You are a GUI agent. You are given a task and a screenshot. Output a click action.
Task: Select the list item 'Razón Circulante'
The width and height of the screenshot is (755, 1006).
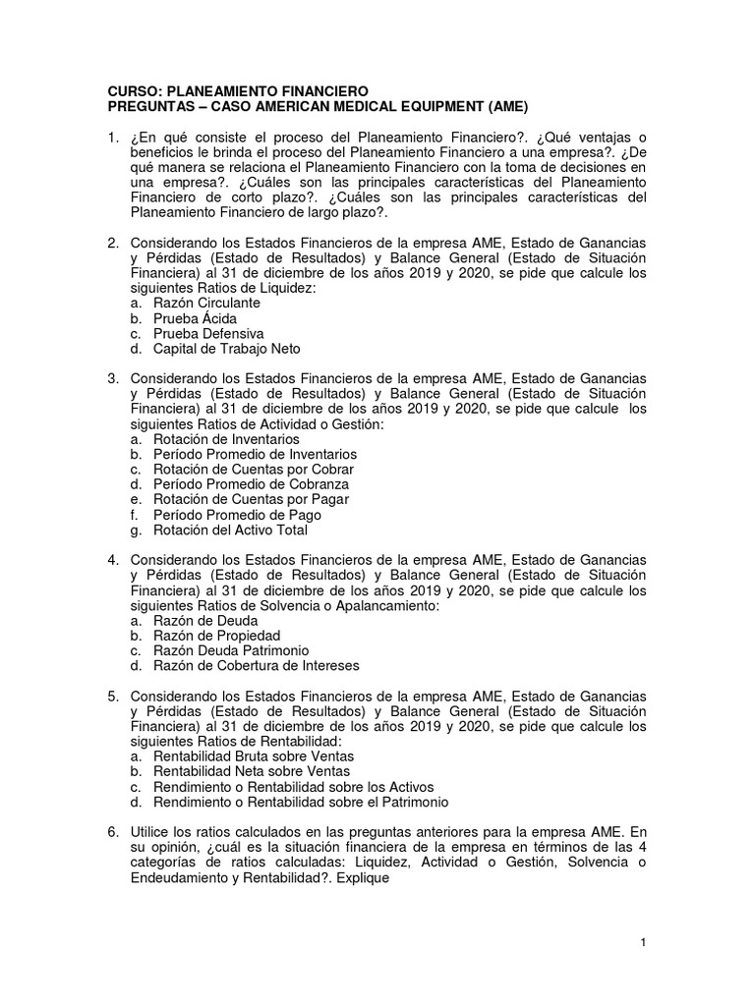206,304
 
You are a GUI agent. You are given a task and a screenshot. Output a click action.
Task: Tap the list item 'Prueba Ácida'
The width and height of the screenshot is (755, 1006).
195,318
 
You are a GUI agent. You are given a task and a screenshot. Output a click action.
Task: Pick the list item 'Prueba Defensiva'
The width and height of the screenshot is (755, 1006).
208,333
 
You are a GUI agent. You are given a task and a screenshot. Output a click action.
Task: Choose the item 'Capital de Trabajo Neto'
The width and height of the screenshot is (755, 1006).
226,348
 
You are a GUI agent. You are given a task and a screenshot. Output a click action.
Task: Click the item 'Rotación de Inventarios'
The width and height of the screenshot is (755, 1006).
226,439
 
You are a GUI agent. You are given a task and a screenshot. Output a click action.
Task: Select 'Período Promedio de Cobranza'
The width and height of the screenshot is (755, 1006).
251,484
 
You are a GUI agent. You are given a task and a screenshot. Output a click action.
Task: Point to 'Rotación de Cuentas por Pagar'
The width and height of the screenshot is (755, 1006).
251,499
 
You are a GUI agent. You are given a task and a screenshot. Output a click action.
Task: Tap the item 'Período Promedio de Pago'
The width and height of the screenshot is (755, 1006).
237,515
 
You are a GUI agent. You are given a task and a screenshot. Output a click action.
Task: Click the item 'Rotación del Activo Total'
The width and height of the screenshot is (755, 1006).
230,530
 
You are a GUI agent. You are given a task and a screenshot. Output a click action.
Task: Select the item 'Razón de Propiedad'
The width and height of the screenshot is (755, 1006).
216,636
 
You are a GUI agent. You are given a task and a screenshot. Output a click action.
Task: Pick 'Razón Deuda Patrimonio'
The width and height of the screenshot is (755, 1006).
231,650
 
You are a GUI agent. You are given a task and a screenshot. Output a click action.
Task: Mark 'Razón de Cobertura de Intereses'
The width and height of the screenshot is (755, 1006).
257,665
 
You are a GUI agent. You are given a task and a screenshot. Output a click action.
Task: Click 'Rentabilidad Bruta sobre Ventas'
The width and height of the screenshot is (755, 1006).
254,756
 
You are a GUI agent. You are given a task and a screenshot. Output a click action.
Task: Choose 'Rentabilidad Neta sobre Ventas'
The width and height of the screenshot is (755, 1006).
251,771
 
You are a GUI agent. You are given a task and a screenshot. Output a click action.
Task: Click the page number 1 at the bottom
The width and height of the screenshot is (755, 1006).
643,943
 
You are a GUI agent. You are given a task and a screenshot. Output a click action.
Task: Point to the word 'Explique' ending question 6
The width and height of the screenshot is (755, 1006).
363,878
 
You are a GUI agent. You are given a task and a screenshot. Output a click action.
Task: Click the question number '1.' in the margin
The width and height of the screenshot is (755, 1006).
114,137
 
